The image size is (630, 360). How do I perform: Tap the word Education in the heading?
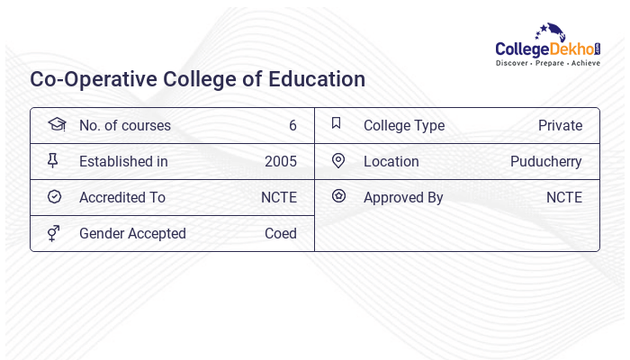click(x=317, y=79)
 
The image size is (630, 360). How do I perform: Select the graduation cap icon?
click(x=56, y=125)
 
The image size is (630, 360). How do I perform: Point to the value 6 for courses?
click(x=292, y=126)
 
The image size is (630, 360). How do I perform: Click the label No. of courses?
click(x=124, y=126)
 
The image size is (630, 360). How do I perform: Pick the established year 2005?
click(x=281, y=162)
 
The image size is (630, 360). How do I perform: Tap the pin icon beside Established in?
click(x=53, y=161)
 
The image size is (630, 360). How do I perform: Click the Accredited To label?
click(x=122, y=198)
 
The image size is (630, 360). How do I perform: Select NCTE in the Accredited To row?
click(x=279, y=198)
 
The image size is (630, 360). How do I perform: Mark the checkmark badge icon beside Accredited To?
click(x=54, y=197)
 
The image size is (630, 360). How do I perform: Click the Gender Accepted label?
click(x=132, y=234)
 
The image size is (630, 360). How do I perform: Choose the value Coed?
click(x=281, y=234)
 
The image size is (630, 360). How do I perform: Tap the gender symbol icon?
click(x=54, y=233)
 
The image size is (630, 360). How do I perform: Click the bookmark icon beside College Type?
click(x=337, y=124)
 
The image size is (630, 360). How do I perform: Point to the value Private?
click(x=560, y=126)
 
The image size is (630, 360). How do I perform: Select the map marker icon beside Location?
click(x=338, y=161)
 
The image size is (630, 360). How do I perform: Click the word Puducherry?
click(x=545, y=162)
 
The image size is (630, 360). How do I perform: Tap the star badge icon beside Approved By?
click(x=338, y=196)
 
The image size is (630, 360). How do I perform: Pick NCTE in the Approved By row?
click(x=564, y=198)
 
